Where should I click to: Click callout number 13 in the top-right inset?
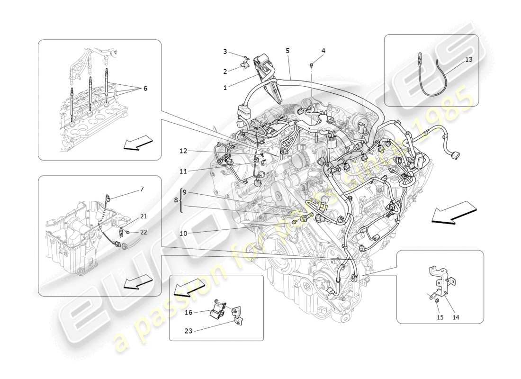[x=468, y=59]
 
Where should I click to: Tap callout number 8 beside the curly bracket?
[x=176, y=201]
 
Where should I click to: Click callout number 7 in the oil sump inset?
[x=142, y=189]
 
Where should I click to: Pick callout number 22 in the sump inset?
[x=144, y=232]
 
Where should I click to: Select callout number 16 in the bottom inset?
[x=188, y=312]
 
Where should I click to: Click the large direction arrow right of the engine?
[x=452, y=212]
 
